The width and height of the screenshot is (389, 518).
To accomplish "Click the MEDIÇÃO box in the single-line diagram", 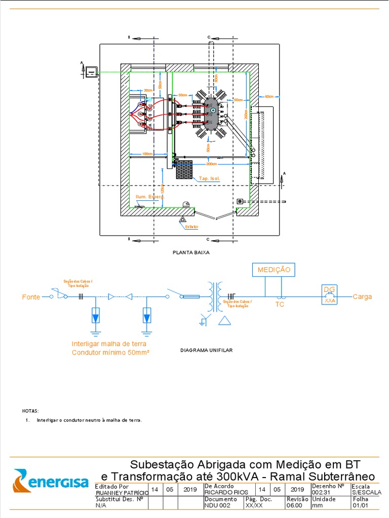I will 274,270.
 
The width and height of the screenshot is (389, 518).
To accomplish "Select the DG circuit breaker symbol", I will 330,293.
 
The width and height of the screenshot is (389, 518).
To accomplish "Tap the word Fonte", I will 31,297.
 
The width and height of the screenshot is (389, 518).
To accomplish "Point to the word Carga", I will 362,296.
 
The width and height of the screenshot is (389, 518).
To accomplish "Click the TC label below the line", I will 280,305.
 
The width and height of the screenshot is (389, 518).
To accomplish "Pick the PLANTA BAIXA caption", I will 191,252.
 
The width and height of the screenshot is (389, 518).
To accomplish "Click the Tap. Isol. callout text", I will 209,179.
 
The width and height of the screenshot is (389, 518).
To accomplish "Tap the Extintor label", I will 191,227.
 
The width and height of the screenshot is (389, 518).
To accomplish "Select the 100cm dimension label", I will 147,154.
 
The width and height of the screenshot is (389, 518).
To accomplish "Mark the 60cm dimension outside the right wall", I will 268,96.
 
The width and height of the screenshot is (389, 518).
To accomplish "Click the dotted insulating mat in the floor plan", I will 185,169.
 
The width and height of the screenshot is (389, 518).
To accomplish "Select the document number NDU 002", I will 218,505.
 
